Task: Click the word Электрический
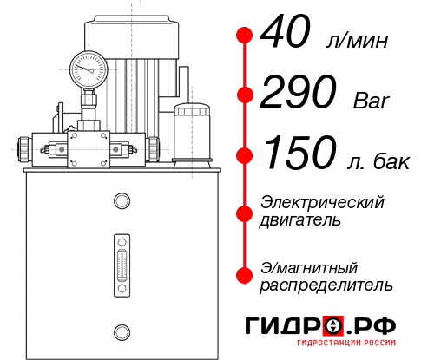(322, 202)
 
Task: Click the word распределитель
(326, 285)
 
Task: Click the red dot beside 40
(245, 36)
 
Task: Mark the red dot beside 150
(245, 156)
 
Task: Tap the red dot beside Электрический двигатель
(245, 211)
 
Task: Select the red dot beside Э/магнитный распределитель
(245, 275)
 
